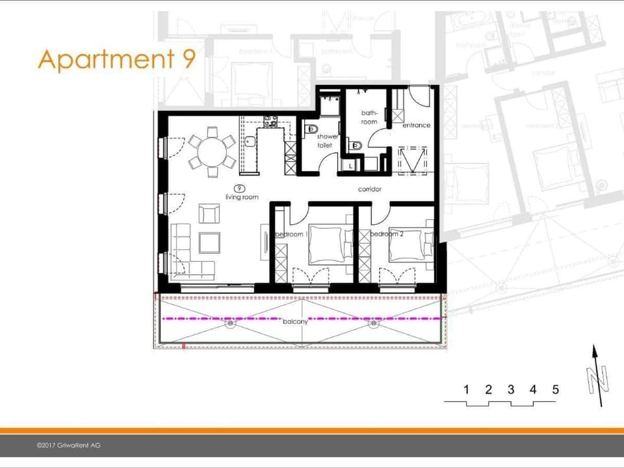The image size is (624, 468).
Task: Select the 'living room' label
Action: (x=242, y=197)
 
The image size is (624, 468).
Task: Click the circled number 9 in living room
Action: (x=242, y=188)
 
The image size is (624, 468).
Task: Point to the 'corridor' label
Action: (x=369, y=190)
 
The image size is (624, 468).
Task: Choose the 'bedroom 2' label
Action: (x=387, y=234)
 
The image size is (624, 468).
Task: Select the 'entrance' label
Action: (x=416, y=125)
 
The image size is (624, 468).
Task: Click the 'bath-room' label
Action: (x=369, y=117)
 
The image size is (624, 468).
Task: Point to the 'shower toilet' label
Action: (x=327, y=140)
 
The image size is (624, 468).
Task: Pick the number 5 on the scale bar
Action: (x=555, y=390)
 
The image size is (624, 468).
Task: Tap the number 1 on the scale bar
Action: (x=466, y=390)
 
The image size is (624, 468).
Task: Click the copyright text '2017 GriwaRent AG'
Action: (x=68, y=445)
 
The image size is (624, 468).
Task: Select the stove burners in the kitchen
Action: (x=270, y=120)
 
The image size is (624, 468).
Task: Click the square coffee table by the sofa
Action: (x=209, y=242)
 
